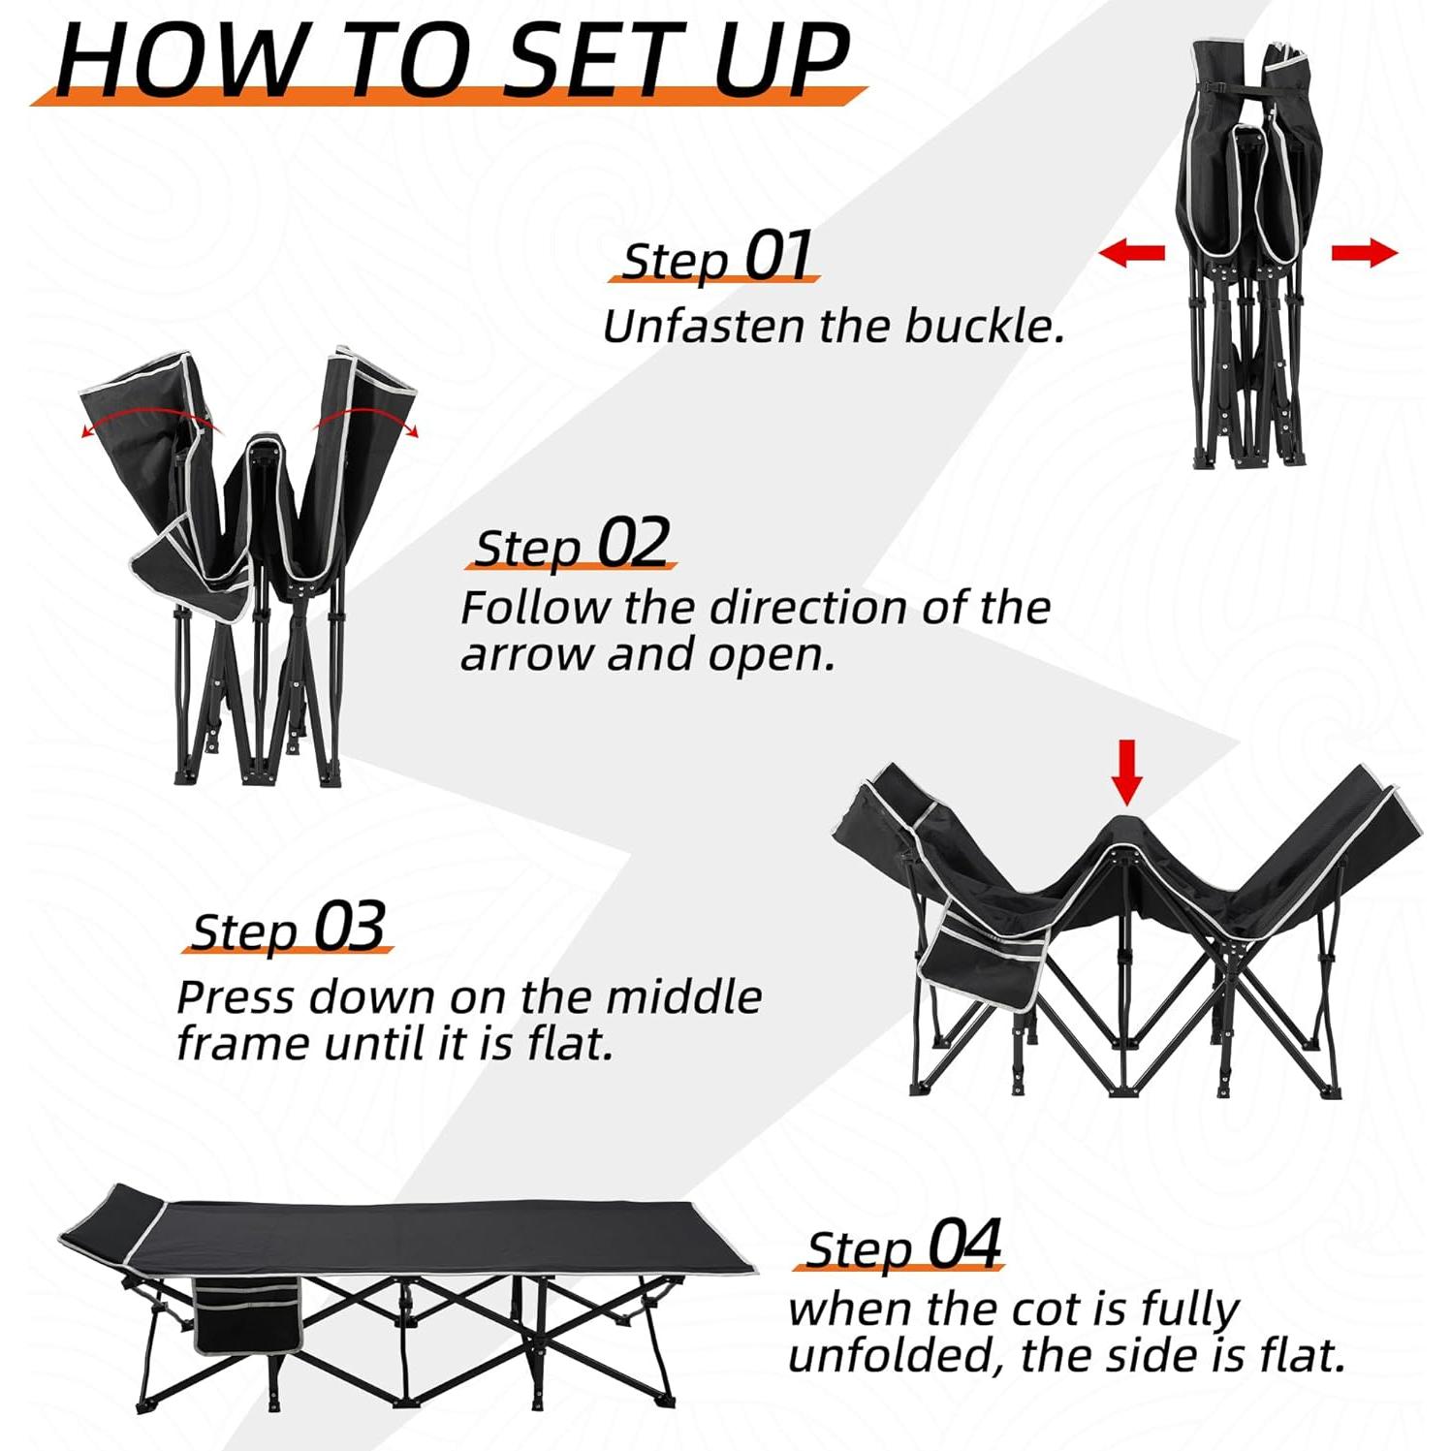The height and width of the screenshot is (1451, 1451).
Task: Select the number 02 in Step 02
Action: click(x=633, y=543)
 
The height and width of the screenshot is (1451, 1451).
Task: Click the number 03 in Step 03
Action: click(x=350, y=926)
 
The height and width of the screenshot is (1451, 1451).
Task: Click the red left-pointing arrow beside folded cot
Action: click(x=1131, y=254)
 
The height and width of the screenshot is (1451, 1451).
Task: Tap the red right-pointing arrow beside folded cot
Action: click(x=1364, y=254)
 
